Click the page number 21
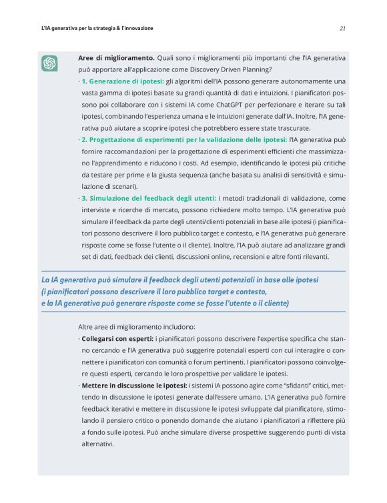click(x=342, y=29)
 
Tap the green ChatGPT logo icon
click(x=49, y=63)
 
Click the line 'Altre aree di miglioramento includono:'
click(x=137, y=327)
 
